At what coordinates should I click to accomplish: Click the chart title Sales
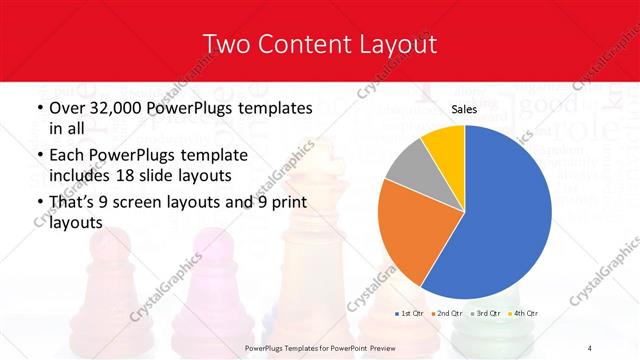click(x=464, y=109)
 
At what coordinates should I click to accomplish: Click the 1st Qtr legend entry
click(x=409, y=314)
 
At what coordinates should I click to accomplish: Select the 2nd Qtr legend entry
click(x=446, y=314)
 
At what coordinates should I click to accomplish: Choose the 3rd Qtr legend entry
click(x=484, y=314)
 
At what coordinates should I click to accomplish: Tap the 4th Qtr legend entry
click(x=521, y=314)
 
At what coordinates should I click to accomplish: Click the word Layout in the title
click(x=394, y=44)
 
